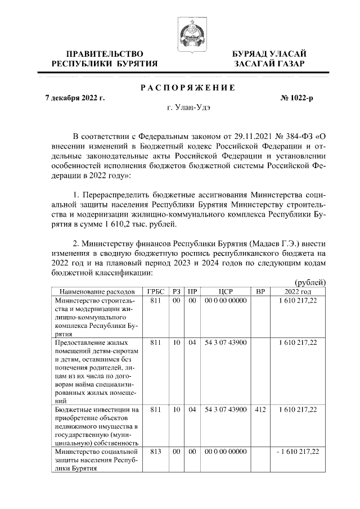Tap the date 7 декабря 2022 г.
pos(75,98)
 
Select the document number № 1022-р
pos(296,98)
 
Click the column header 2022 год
pos(298,292)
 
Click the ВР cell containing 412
pos(260,410)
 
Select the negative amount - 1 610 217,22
pos(296,452)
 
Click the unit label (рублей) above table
pos(310,282)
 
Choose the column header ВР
pos(260,292)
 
